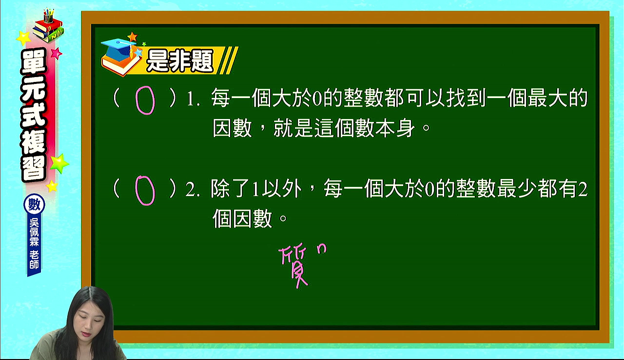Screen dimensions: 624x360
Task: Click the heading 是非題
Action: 180,61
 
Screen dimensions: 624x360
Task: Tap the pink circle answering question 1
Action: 136,101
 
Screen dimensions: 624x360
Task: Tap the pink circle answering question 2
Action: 136,191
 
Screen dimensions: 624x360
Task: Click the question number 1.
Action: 191,99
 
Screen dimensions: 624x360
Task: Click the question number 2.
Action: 191,190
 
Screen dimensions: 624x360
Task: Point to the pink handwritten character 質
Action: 294,267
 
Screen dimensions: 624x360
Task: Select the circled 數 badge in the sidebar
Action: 34,205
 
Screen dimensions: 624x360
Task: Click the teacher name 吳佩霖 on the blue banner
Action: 34,232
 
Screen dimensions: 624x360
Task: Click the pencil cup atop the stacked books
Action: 48,16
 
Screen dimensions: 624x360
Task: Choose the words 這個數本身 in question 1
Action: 365,128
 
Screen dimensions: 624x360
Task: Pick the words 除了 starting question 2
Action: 231,189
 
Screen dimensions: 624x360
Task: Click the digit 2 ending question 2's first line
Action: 582,189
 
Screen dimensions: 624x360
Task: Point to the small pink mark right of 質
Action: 322,249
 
